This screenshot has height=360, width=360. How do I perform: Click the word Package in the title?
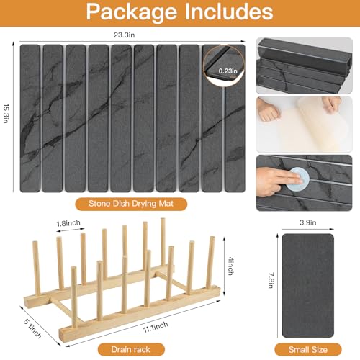[131, 12]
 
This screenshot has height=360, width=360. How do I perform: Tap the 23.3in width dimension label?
[124, 35]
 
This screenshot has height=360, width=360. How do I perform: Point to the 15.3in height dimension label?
[6, 114]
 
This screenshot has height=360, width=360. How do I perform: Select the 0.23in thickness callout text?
[228, 71]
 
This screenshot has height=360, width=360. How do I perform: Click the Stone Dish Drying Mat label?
[131, 204]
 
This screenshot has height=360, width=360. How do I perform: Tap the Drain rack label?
[130, 349]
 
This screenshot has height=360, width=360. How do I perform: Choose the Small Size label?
[308, 350]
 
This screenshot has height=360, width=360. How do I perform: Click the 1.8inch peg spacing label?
[68, 223]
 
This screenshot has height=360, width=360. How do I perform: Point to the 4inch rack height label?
[230, 266]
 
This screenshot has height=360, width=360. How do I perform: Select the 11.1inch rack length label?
[156, 327]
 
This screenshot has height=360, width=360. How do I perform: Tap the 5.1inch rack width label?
[32, 328]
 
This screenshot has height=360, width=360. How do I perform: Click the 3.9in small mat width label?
[308, 222]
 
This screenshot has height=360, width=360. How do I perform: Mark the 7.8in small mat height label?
[271, 280]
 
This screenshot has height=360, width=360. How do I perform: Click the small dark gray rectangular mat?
[308, 286]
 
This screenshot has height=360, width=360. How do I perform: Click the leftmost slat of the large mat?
[30, 118]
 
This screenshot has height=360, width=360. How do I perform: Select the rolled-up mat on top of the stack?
[305, 58]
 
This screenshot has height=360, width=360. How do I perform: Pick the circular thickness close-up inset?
[224, 65]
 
